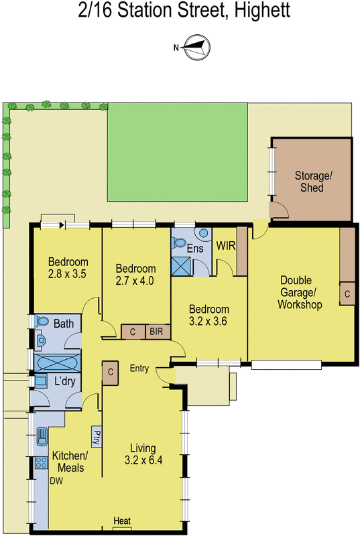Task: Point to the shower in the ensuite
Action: click(181, 265)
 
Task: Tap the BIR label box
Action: click(156, 332)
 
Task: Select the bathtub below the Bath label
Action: click(57, 364)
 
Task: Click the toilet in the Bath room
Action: click(42, 322)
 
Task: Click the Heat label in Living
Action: click(122, 521)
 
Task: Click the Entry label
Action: click(141, 368)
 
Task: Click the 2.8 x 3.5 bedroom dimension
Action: click(68, 273)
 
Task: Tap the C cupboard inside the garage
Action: click(347, 294)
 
